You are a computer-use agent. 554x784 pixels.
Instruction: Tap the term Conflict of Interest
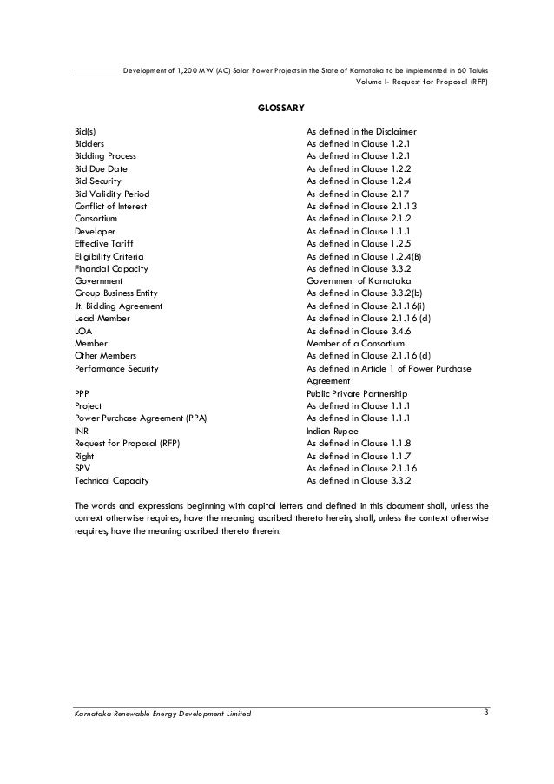coord(110,207)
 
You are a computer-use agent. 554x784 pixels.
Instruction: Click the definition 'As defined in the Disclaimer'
coord(362,131)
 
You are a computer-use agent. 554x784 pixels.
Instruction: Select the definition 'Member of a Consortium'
coord(355,344)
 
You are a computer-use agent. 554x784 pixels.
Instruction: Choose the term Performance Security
coord(116,368)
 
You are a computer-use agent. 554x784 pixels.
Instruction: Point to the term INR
coord(82,431)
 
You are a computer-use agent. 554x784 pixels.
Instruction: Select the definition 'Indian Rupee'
coord(333,431)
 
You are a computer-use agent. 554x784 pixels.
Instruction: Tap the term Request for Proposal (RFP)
coord(127,443)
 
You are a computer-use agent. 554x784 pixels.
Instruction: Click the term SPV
coord(82,468)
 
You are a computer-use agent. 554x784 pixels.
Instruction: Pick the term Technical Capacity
coord(112,480)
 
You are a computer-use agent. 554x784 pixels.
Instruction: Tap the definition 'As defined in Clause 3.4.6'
coord(359,331)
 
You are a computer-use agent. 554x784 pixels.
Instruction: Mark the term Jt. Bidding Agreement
coord(117,306)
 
